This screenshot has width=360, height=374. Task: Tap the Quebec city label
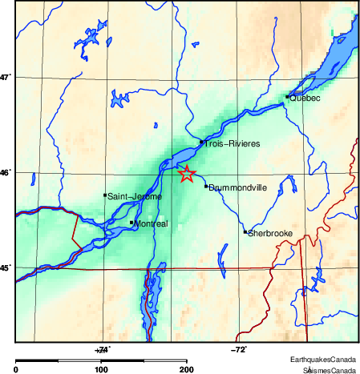tap(305, 99)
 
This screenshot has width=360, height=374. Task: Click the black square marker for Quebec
tap(287, 97)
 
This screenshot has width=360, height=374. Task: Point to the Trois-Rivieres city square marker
tap(202, 142)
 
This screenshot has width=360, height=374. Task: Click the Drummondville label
tap(237, 188)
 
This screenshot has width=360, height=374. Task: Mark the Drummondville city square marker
tap(206, 187)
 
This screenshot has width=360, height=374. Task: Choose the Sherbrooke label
tap(270, 234)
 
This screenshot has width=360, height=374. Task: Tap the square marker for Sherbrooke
tap(245, 232)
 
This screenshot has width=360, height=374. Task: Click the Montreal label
tap(152, 224)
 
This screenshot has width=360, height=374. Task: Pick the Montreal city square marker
tap(131, 223)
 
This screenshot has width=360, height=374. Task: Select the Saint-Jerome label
tap(135, 196)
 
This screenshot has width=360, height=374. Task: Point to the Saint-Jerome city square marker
tap(105, 195)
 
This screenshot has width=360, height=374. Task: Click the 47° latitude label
tap(6, 78)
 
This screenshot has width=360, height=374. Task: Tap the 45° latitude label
tap(6, 269)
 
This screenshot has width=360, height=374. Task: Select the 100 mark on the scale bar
tap(101, 369)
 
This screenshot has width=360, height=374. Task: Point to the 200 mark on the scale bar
tap(186, 369)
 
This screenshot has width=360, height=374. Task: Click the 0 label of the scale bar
tap(17, 369)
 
